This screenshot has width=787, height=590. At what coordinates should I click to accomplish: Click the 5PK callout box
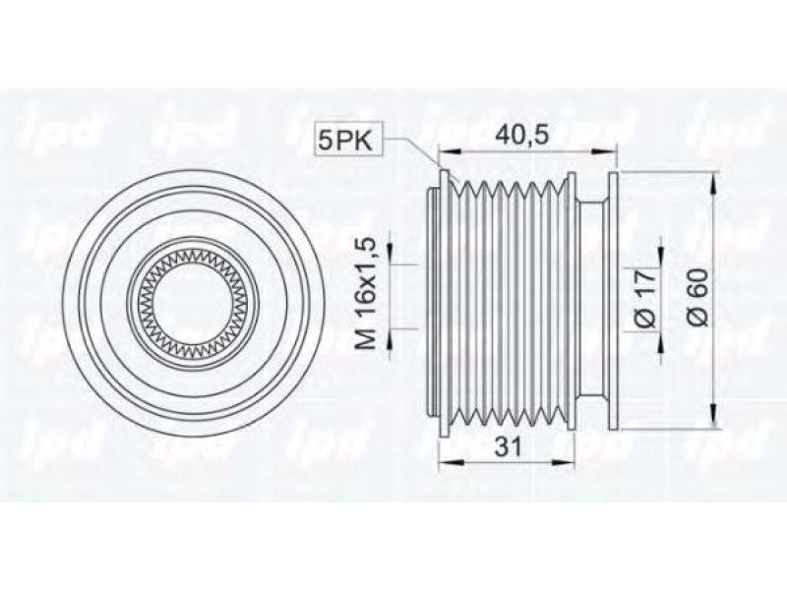point(349,140)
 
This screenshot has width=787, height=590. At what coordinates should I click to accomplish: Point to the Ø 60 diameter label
point(697,298)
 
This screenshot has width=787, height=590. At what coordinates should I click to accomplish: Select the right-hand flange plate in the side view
point(614,301)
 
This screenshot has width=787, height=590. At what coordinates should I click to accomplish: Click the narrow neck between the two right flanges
point(592,301)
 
